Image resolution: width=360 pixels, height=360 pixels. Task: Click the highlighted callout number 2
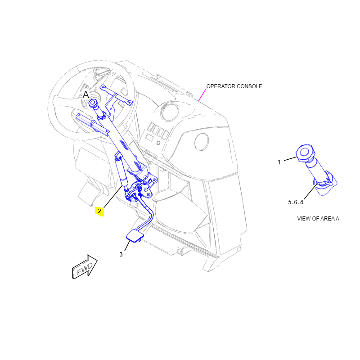[x=99, y=211]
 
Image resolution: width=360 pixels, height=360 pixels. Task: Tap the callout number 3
[x=121, y=254]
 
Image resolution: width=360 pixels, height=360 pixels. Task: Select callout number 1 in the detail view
[x=279, y=162]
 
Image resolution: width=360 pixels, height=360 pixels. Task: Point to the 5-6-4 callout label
[x=296, y=202]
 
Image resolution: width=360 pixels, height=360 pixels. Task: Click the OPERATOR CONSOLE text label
[x=234, y=86]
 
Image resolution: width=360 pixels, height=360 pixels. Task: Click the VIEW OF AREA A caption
[x=318, y=219]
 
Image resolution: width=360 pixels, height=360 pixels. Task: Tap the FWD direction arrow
[x=85, y=267]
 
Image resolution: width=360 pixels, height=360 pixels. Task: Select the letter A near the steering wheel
[x=85, y=94]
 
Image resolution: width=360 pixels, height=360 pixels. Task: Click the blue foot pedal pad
[x=135, y=236]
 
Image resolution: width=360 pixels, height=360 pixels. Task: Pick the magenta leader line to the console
[x=202, y=95]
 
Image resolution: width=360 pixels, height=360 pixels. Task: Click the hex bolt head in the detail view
[x=305, y=153]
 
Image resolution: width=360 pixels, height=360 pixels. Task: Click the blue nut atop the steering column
[x=93, y=103]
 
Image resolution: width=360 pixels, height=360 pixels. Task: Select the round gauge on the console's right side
[x=202, y=142]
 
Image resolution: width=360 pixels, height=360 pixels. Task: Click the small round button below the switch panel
[x=158, y=143]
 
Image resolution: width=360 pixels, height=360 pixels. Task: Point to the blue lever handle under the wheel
[x=92, y=125]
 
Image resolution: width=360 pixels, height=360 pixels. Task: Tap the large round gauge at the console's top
[x=170, y=112]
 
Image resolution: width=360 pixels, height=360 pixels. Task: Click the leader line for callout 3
[x=127, y=245]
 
